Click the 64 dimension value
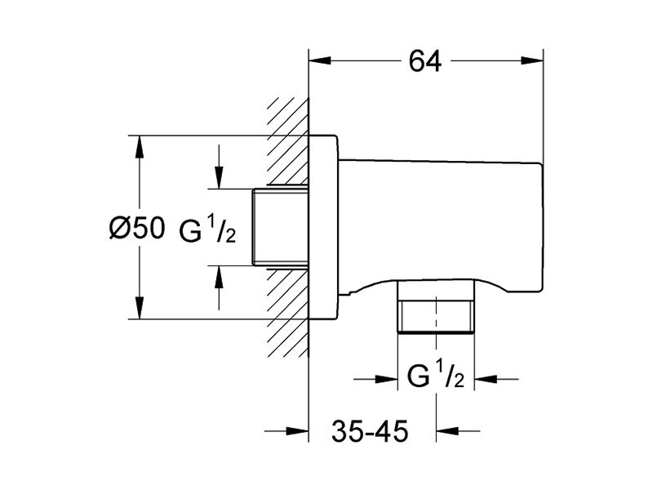pos(424,61)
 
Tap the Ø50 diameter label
pos(136,229)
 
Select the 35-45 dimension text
pos(370,431)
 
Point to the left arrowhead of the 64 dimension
pos(319,60)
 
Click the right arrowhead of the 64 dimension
pos(532,60)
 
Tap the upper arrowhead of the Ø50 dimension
pos(140,147)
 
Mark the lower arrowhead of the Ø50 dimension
pos(140,308)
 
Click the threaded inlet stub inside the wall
pos(280,227)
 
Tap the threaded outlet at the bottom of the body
pos(436,307)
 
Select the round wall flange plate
pos(323,228)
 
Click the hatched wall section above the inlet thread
pos(288,141)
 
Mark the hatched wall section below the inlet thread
pos(288,312)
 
